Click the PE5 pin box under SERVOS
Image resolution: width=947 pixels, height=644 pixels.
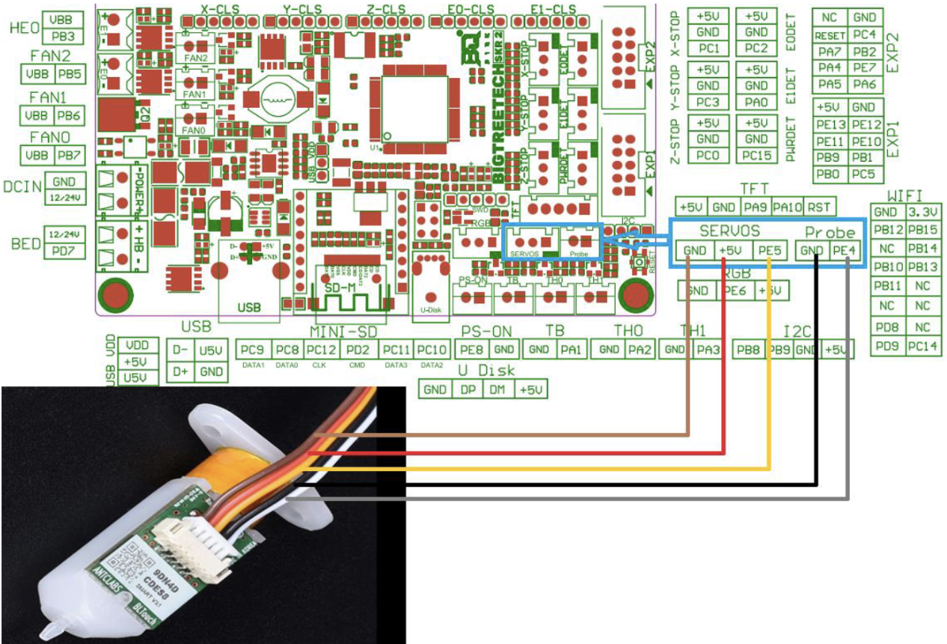[770, 250]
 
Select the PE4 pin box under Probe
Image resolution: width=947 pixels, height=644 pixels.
[845, 250]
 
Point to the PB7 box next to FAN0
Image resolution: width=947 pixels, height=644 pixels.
[70, 155]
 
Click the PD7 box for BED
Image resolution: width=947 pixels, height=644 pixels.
[63, 251]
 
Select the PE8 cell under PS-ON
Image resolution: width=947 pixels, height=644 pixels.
[473, 349]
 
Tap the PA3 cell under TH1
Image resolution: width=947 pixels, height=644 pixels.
[706, 349]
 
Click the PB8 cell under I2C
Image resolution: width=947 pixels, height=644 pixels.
[748, 350]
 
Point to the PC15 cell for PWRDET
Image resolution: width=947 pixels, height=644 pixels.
[756, 155]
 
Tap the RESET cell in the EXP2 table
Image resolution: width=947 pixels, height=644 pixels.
[830, 35]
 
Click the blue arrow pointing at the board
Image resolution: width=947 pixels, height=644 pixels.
[636, 240]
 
